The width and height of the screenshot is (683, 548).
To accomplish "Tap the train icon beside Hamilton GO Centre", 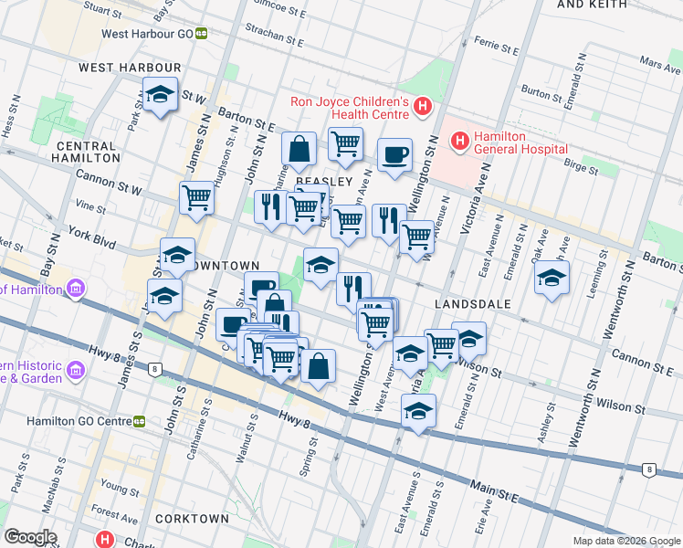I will tap(139, 421).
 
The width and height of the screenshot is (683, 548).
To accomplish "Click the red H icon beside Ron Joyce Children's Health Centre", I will tap(422, 107).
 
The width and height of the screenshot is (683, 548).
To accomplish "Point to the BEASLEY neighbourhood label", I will tap(323, 182).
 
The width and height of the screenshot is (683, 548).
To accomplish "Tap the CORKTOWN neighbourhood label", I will tap(192, 519).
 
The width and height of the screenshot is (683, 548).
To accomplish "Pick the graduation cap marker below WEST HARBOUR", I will tap(160, 95).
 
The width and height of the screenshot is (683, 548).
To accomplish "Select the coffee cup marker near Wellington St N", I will tap(394, 154).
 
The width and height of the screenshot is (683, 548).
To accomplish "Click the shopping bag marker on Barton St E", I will tap(299, 149).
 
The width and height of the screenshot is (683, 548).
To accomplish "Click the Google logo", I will tap(30, 537).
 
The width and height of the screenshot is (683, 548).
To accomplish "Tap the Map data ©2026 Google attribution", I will tap(626, 541).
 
